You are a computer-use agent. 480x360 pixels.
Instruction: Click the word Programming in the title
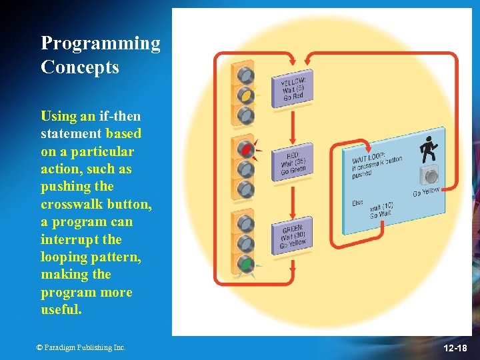100,43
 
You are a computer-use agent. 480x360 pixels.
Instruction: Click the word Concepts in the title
79,67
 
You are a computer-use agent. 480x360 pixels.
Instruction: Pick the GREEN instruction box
293,235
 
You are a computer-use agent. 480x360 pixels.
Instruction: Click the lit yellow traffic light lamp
246,95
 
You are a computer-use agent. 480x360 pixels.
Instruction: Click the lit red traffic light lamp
246,150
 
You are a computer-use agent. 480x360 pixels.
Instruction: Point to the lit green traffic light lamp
246,264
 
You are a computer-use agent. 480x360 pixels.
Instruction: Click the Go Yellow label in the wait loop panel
426,193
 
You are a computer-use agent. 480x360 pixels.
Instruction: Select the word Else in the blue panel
358,203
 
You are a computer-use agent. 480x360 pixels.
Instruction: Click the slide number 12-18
455,349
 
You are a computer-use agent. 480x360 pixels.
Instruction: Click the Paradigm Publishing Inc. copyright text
81,347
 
